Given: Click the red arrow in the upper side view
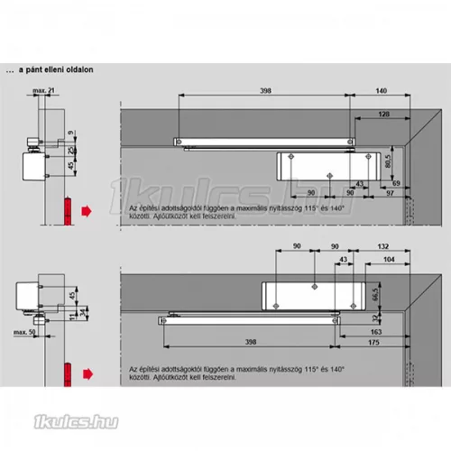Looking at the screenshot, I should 85,211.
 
